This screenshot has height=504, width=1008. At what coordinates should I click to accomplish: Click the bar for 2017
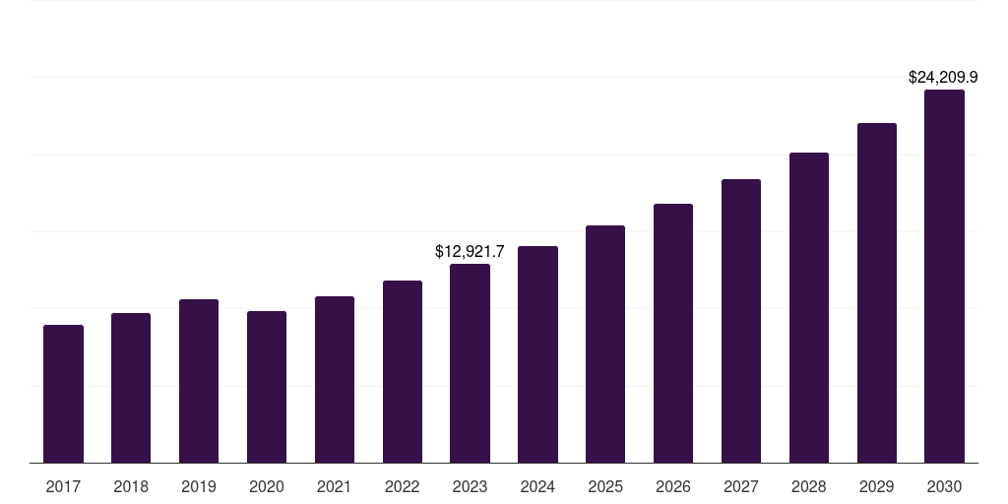[63, 394]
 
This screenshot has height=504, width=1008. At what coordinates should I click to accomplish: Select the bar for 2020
[267, 387]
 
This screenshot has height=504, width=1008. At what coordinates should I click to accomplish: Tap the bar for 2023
[470, 363]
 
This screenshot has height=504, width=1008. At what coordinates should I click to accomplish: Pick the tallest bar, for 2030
[944, 276]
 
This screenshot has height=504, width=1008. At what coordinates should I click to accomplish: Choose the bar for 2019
[199, 381]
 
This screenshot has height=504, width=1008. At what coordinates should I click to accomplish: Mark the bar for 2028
[809, 307]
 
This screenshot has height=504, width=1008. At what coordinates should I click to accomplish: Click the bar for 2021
[335, 379]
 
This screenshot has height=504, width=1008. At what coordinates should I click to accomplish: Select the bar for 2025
[605, 344]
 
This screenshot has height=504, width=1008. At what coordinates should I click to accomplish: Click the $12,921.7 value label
[470, 252]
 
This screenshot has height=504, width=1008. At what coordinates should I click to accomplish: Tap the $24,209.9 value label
[943, 77]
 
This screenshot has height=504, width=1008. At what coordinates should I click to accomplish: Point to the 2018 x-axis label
[131, 486]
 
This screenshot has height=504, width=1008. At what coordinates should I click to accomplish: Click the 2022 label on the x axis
[403, 486]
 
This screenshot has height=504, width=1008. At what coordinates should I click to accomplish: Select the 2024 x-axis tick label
[537, 486]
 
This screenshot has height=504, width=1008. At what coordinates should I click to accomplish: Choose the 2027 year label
[741, 486]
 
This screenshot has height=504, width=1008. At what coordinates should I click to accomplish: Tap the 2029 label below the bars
[876, 486]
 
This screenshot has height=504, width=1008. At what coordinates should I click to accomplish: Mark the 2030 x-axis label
[944, 486]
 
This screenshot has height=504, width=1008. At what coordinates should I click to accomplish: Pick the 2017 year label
[63, 486]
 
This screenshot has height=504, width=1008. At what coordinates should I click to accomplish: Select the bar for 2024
[537, 354]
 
